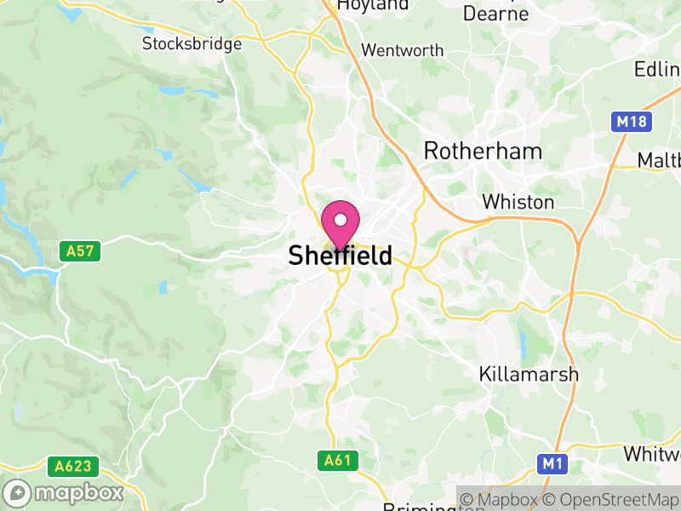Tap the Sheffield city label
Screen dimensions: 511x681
coord(340,255)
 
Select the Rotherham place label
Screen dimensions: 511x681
coord(483,152)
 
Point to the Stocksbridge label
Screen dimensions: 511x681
coord(192,43)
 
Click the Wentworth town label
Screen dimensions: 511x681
coord(402,50)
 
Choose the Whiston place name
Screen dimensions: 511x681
coord(518,203)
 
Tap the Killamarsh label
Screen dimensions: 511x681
coord(529,374)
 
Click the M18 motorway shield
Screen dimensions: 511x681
coord(632,122)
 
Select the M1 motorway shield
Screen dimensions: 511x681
coord(552,463)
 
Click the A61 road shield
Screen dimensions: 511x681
coord(338,461)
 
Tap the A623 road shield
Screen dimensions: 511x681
coord(73,467)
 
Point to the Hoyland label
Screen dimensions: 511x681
coord(373,5)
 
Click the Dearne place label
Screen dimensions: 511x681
coord(495,14)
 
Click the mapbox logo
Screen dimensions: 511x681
coord(65,492)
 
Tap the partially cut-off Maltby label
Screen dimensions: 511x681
coord(660,160)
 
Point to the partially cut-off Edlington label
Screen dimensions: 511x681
coord(657,69)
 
